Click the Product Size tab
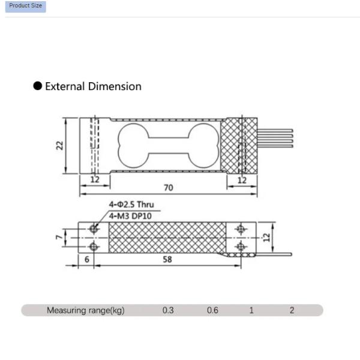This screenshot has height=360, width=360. click(x=25, y=6)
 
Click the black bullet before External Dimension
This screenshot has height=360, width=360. click(x=38, y=86)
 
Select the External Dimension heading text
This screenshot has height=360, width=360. click(x=93, y=86)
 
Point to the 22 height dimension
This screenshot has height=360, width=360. click(x=60, y=146)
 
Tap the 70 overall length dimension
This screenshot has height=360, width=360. click(x=169, y=188)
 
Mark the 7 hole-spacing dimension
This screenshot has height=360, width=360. click(x=58, y=238)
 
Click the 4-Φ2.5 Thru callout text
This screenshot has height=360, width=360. click(x=131, y=205)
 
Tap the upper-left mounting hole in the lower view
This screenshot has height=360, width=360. click(x=94, y=229)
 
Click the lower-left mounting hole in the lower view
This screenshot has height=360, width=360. click(x=94, y=246)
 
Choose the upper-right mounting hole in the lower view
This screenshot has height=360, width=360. click(x=241, y=229)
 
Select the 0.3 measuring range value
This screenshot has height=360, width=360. click(x=168, y=311)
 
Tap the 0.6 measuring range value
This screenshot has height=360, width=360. click(x=212, y=311)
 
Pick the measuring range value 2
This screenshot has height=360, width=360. click(x=292, y=311)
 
